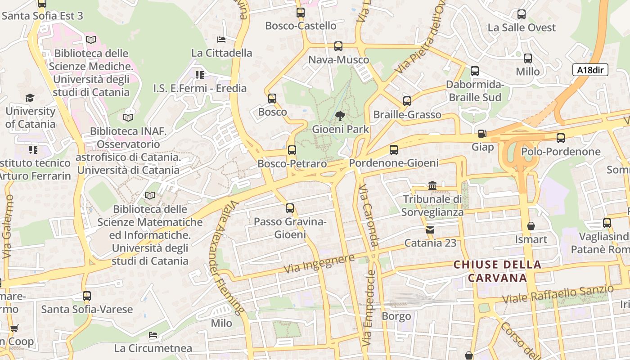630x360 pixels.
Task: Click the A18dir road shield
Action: (590, 70)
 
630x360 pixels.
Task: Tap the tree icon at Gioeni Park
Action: (340, 117)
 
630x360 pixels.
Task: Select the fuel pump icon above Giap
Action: (482, 134)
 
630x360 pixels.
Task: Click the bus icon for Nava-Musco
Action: (338, 46)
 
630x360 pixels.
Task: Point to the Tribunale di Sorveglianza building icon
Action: (432, 185)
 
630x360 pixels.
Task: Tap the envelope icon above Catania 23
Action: (430, 230)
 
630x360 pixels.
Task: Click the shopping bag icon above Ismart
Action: (531, 226)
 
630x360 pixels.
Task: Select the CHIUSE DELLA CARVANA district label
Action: (497, 271)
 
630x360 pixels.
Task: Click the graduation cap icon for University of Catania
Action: (30, 98)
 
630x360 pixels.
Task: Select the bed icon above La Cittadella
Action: (221, 40)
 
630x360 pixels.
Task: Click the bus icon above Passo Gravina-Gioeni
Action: (290, 208)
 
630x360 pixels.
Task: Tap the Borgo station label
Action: (396, 316)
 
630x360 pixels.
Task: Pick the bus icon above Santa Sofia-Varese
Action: (87, 296)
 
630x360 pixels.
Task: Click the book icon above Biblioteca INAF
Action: (128, 117)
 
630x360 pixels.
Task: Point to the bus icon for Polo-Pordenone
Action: (561, 138)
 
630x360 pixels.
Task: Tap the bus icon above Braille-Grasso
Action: (407, 101)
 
